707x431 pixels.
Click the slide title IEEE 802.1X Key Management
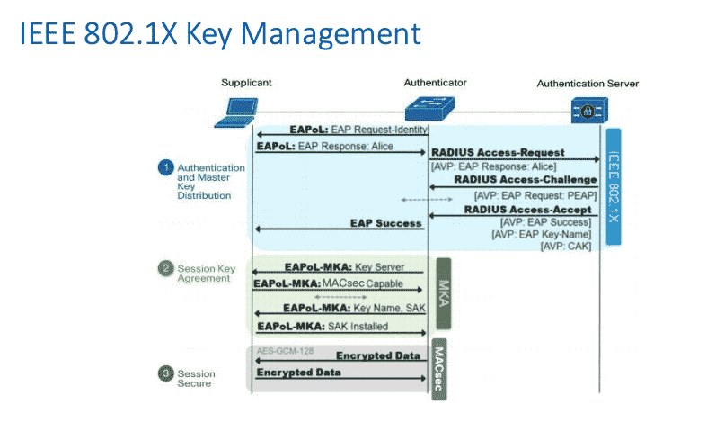pyautogui.click(x=219, y=34)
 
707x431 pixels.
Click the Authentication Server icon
pyautogui.click(x=586, y=111)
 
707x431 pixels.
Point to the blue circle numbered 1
pyautogui.click(x=165, y=167)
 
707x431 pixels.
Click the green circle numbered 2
pyautogui.click(x=165, y=268)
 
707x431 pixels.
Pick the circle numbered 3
pyautogui.click(x=165, y=373)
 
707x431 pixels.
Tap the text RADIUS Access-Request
pyautogui.click(x=498, y=153)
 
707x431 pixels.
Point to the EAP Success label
pyautogui.click(x=385, y=223)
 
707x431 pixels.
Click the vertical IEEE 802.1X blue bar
pyautogui.click(x=614, y=185)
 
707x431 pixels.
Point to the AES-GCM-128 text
pyautogui.click(x=285, y=350)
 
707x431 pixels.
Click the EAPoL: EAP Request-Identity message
pyautogui.click(x=358, y=130)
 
